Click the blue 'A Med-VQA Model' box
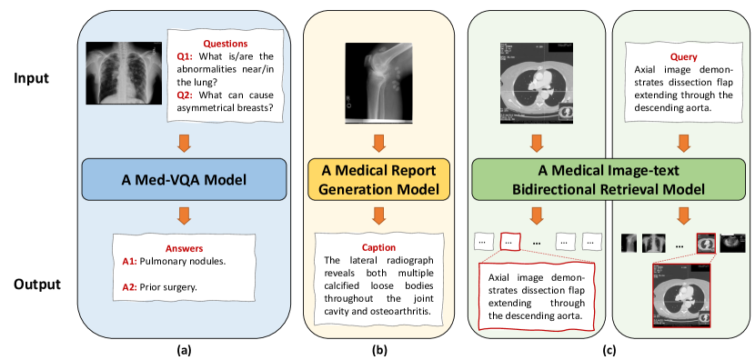[x=185, y=180]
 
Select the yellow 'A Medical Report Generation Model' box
[x=378, y=180]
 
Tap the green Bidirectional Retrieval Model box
[x=608, y=180]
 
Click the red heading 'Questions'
[x=219, y=44]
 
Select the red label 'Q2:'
[x=185, y=95]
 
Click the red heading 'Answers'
[x=184, y=249]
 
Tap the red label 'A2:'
[x=130, y=288]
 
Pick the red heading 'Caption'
[x=379, y=248]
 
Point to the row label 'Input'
[x=31, y=78]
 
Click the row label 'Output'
[x=37, y=285]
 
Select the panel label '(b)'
[x=378, y=350]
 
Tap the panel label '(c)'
[x=609, y=350]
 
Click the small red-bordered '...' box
[x=511, y=242]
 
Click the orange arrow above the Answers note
[x=185, y=215]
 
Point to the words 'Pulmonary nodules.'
[x=183, y=263]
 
